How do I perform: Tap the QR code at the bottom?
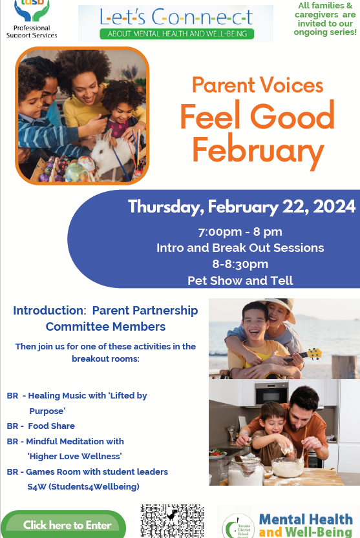pos(172,521)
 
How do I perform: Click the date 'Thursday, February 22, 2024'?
pos(241,207)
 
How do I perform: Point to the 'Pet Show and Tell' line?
pos(240,280)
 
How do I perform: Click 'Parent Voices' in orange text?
pos(257,85)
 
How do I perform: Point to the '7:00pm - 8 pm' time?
pos(240,232)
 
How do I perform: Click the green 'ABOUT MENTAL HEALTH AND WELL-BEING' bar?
pos(175,34)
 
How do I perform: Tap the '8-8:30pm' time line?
pos(240,264)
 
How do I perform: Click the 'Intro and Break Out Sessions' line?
pos(240,247)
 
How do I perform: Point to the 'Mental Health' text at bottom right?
pos(306,519)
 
